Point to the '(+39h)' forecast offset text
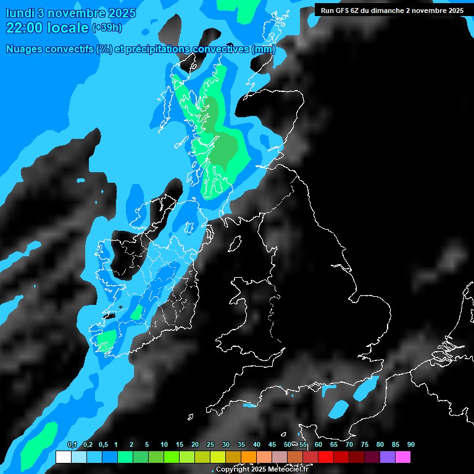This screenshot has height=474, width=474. tap(106, 28)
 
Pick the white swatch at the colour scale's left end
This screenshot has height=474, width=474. tap(63, 457)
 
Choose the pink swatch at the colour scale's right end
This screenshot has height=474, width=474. tap(403, 457)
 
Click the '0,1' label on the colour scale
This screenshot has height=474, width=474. tap(72, 445)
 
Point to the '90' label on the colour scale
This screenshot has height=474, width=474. tap(411, 445)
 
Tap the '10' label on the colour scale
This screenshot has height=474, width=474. tap(164, 445)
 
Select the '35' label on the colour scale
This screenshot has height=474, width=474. tap(241, 445)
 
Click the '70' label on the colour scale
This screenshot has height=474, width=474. tap(349, 445)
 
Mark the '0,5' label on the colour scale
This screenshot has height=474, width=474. tap(103, 445)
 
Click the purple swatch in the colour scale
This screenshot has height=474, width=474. tap(388, 457)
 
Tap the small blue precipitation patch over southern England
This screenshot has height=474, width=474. tap(338, 408)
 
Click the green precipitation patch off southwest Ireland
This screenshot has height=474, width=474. tap(106, 339)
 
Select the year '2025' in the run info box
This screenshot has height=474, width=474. tap(454, 10)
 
